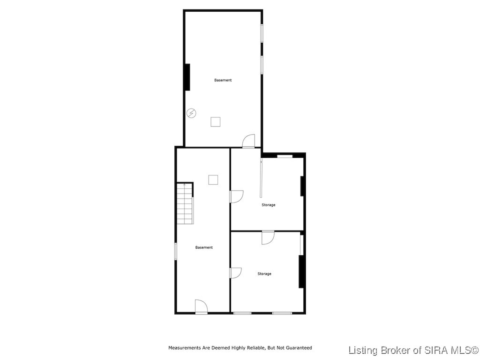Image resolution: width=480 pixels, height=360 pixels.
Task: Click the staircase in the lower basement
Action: [185, 203]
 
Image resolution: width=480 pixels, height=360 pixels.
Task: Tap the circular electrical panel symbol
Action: [191, 113]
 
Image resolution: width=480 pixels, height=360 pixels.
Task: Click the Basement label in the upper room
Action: [223, 80]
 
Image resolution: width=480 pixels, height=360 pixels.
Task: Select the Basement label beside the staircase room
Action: [204, 247]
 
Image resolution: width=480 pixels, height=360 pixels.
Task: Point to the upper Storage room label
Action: [268, 205]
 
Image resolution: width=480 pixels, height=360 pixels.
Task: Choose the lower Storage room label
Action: [264, 274]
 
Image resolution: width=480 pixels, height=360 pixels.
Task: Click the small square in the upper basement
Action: [215, 122]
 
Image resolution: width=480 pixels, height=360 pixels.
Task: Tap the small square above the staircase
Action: [213, 180]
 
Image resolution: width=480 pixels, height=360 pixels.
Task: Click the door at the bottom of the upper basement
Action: [248, 141]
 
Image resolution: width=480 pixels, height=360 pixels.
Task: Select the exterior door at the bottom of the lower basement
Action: [201, 307]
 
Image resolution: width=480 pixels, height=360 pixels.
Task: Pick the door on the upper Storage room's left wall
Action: [236, 196]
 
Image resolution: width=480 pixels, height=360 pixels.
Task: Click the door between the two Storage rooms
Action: [268, 237]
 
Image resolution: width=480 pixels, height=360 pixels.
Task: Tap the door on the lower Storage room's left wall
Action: [235, 273]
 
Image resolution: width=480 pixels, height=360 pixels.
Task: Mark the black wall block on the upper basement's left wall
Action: [187, 77]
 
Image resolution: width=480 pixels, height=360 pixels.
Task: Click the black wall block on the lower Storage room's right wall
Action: [301, 271]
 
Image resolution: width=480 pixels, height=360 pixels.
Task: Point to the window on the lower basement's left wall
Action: [175, 251]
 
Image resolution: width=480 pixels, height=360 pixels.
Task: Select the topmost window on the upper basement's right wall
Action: [262, 33]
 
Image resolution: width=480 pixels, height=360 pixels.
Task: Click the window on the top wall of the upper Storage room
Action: [285, 156]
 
